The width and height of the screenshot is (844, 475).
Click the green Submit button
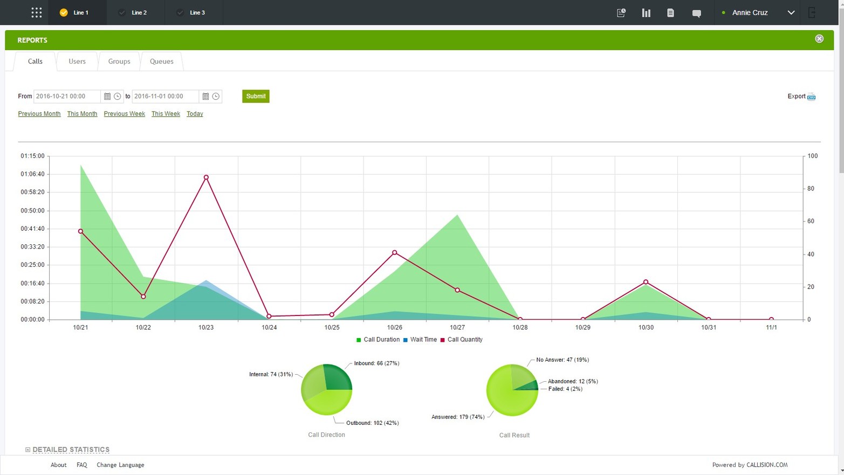(256, 97)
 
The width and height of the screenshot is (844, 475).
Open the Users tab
(77, 61)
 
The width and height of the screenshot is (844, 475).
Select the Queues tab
(161, 61)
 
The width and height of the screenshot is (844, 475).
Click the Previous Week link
(124, 114)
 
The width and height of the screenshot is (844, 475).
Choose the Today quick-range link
(195, 114)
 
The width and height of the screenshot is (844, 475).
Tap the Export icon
(811, 97)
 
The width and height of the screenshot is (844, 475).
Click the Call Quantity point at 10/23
(206, 177)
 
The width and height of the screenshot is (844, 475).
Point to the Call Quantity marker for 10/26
(395, 252)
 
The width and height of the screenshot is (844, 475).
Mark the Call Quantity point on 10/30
(646, 282)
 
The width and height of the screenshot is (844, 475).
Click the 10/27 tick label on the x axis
(457, 327)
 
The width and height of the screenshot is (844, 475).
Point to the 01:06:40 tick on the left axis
(33, 174)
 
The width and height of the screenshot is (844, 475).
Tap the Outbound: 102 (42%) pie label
(372, 423)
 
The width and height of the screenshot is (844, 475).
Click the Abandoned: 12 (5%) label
(573, 381)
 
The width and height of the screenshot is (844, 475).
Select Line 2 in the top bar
(139, 12)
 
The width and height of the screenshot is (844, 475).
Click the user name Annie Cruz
(750, 12)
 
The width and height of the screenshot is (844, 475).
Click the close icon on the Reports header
(819, 39)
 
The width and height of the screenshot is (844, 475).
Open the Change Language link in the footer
(120, 465)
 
